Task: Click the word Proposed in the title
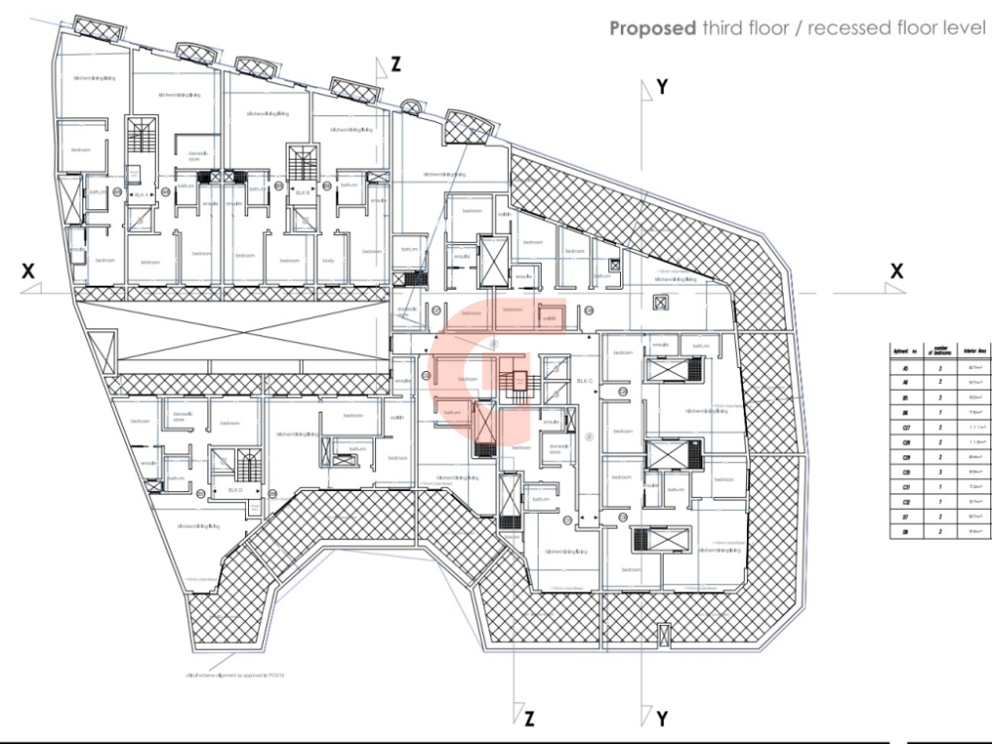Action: pos(652,28)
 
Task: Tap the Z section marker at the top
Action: pos(396,65)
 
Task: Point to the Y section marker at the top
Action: pos(662,87)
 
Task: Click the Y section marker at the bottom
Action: pos(662,717)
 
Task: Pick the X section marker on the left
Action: pos(29,271)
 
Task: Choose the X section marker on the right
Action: pos(897,271)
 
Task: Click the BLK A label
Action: pos(141,194)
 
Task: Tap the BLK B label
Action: pos(301,194)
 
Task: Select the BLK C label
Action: pos(584,382)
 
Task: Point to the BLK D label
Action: pos(235,490)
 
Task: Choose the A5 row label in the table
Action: pos(904,366)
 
